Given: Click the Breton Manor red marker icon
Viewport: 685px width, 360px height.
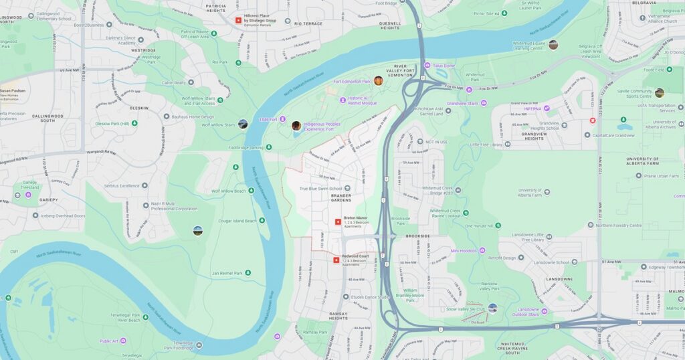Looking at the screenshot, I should [338, 221].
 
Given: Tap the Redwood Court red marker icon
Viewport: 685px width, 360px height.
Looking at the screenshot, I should [336, 260].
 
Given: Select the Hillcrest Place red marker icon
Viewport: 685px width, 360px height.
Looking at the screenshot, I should [238, 20].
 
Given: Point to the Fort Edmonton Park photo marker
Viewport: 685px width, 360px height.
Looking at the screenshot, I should [379, 81].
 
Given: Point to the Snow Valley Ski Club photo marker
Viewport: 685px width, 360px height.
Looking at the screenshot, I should [493, 308].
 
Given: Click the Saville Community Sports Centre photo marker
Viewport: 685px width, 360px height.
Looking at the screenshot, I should [660, 93].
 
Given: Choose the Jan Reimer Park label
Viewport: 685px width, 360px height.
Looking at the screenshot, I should [227, 273].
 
